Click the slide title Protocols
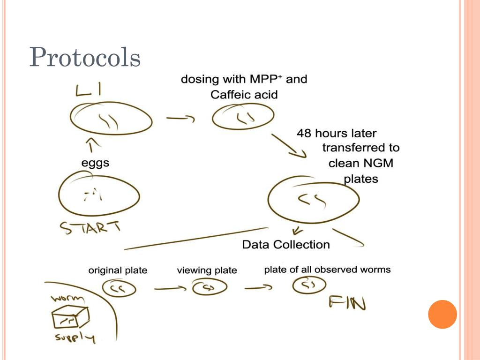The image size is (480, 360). pos(85,58)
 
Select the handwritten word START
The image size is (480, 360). pos(90,228)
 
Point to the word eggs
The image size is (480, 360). pos(95,163)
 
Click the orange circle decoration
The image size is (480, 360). pos(442,314)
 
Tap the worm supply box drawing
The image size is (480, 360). pos(69,318)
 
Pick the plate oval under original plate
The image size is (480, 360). pos(119,288)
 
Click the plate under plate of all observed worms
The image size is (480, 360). pos(309,285)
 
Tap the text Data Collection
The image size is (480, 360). pos(286,245)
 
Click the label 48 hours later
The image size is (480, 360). pos(336,134)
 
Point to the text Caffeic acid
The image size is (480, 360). pos(244,95)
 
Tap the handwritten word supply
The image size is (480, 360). pos(74,337)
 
